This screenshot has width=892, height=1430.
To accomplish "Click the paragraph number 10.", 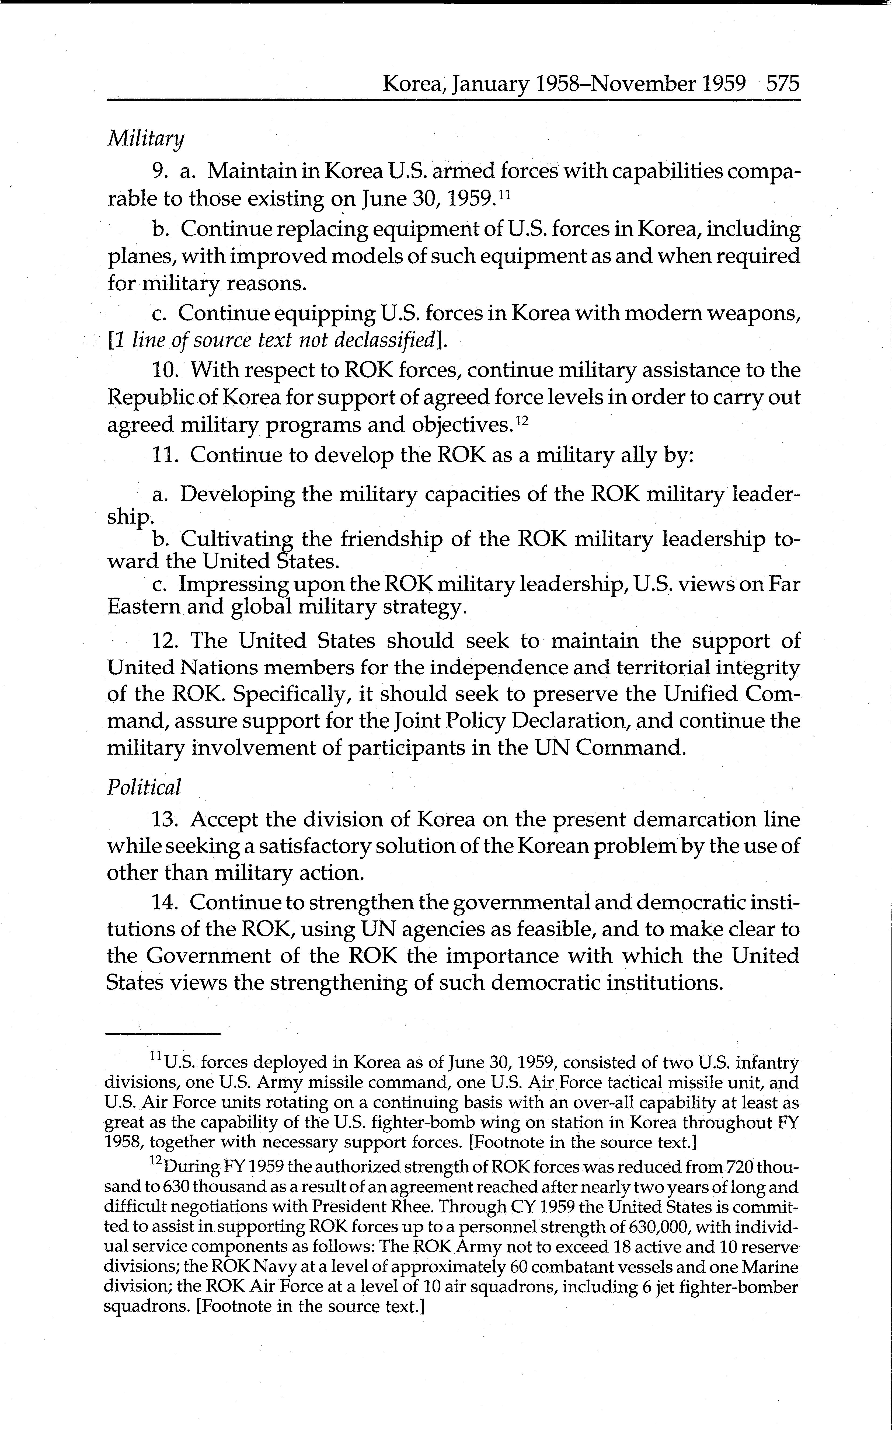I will click(166, 370).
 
